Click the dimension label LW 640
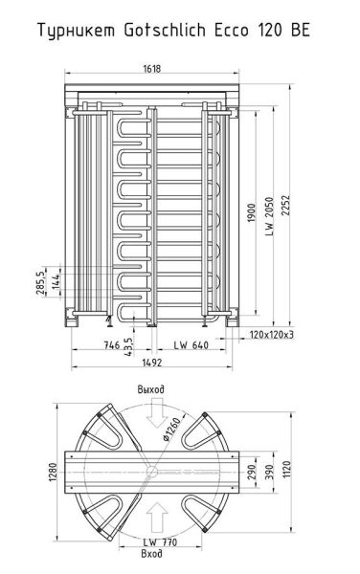tap(191, 345)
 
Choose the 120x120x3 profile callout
tap(271, 336)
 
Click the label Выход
tap(150, 390)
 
